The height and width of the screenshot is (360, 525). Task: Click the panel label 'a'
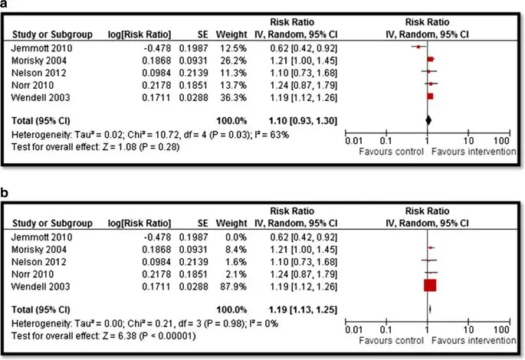[6, 6]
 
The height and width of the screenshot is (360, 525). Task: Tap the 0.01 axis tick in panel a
[352, 141]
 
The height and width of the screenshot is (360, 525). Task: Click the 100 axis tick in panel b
[501, 329]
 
